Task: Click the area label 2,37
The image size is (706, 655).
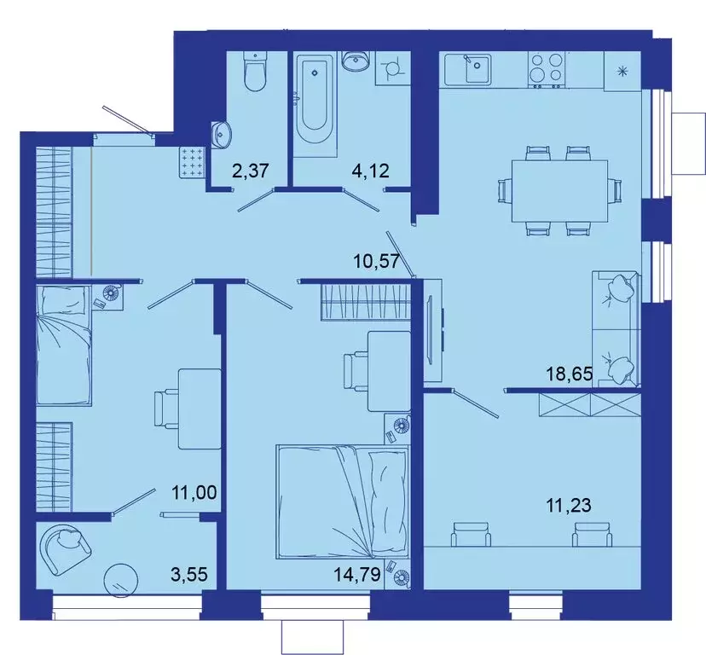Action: click(251, 171)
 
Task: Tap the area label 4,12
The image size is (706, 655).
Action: click(371, 171)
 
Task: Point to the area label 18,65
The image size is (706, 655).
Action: click(569, 373)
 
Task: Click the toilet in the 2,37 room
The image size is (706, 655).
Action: click(254, 72)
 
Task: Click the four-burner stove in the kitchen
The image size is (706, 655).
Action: click(547, 69)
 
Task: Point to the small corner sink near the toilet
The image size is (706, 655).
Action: click(222, 132)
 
